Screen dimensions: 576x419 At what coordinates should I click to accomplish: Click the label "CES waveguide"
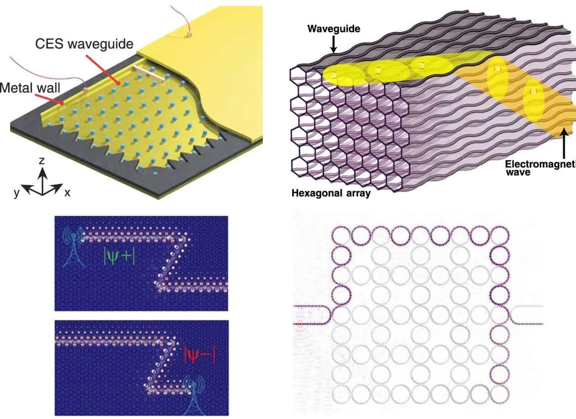click(x=84, y=44)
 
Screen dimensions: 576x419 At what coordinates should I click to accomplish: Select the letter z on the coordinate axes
click(x=42, y=160)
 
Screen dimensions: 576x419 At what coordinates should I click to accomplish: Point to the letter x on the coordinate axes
click(x=67, y=193)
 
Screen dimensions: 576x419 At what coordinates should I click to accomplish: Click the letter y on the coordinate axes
click(x=16, y=193)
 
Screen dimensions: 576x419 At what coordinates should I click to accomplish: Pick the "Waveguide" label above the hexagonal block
click(x=334, y=29)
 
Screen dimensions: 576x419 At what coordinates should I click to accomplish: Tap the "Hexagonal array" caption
click(x=331, y=193)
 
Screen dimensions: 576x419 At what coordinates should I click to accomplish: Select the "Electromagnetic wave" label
click(x=540, y=168)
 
